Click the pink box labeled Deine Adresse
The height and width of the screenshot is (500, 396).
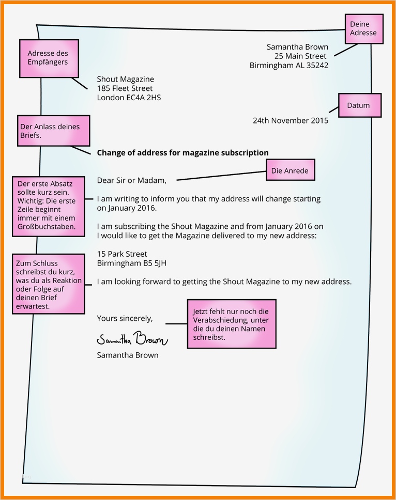pyautogui.click(x=363, y=28)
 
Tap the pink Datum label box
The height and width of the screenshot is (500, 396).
pyautogui.click(x=359, y=105)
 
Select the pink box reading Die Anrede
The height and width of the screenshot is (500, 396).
pyautogui.click(x=290, y=170)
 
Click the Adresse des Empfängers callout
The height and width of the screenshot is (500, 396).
pyautogui.click(x=48, y=58)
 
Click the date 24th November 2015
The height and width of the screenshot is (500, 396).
pyautogui.click(x=290, y=120)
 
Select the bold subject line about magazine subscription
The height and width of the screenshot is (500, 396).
pyautogui.click(x=182, y=152)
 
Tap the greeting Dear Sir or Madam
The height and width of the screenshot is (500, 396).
pyautogui.click(x=132, y=180)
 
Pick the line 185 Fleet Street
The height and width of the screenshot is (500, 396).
pyautogui.click(x=125, y=88)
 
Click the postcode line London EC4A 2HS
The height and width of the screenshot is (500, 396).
pyautogui.click(x=129, y=97)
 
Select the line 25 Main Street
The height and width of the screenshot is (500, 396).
pyautogui.click(x=300, y=56)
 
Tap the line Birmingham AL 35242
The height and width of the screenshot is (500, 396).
pyautogui.click(x=288, y=65)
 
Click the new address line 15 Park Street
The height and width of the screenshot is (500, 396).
pyautogui.click(x=122, y=254)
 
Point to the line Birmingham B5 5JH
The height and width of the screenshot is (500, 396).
pyautogui.click(x=131, y=263)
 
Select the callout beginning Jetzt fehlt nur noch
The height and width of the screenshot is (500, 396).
pyautogui.click(x=231, y=324)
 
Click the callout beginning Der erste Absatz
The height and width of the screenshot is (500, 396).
pyautogui.click(x=48, y=205)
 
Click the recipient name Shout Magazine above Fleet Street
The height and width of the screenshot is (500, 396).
pyautogui.click(x=126, y=79)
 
